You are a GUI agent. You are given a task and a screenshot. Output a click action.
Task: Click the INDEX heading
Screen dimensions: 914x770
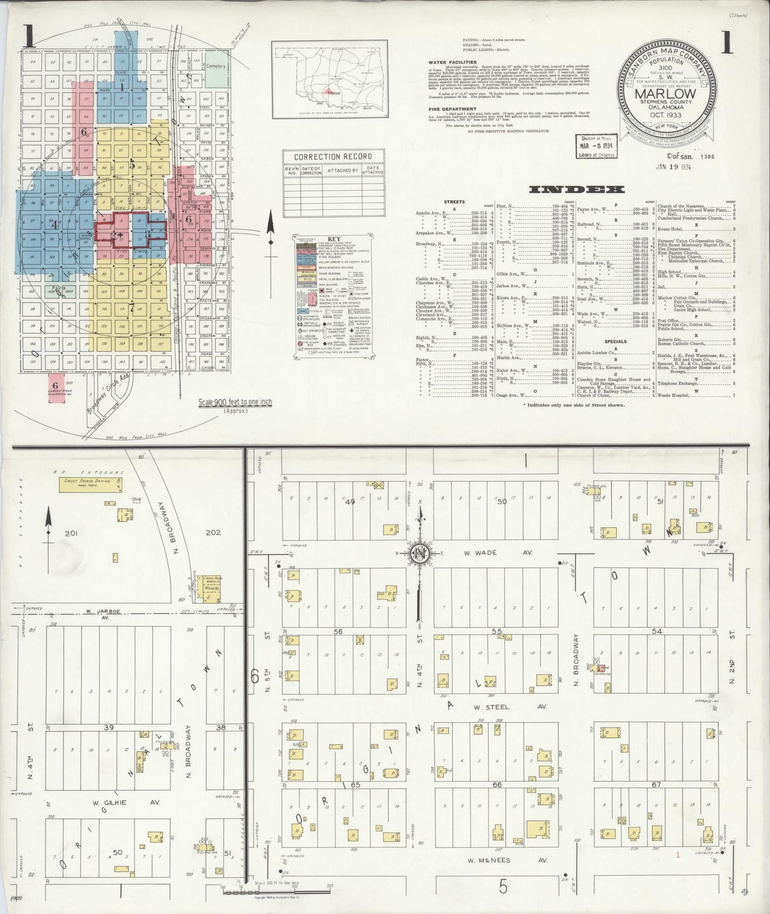pos(577,189)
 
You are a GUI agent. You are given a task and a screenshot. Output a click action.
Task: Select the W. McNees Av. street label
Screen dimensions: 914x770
pos(508,860)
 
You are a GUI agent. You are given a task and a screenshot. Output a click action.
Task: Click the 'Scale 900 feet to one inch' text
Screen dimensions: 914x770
pos(235,403)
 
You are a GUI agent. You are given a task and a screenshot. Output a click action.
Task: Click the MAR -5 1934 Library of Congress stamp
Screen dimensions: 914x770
pos(597,146)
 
